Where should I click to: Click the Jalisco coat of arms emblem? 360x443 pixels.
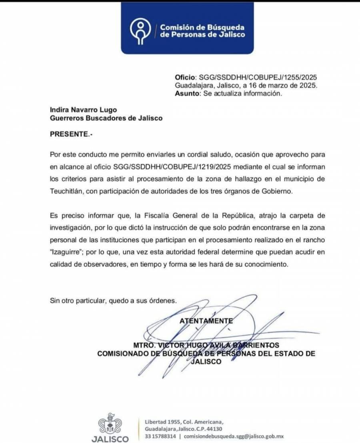(110, 424)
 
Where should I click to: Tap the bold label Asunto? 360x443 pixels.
(187, 94)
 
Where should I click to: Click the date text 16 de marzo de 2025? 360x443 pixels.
(283, 86)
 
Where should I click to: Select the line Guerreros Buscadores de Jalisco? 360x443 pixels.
(106, 118)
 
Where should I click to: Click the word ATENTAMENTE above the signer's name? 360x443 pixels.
(206, 321)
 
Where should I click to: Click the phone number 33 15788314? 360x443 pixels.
(160, 436)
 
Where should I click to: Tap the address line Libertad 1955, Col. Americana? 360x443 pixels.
(184, 421)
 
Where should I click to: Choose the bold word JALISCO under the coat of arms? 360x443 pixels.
(110, 439)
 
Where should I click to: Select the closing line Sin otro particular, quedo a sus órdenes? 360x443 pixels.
(113, 301)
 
